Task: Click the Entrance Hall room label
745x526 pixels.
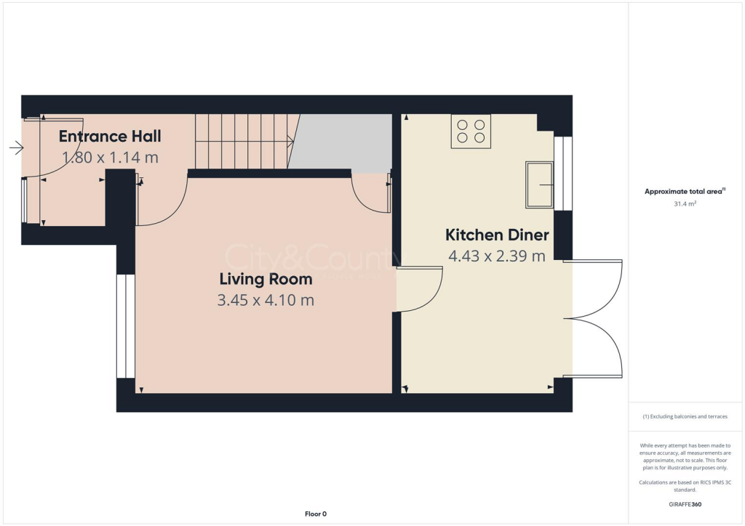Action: (x=110, y=136)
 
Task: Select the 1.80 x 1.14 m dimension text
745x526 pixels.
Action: (x=110, y=157)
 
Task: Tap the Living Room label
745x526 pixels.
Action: (x=266, y=279)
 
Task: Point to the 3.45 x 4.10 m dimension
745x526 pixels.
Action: (x=266, y=299)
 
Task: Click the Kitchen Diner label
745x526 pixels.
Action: (x=497, y=235)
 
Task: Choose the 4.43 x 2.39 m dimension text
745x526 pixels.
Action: (x=497, y=256)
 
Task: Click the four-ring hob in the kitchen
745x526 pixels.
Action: (x=471, y=131)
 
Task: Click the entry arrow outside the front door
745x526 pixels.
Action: (x=16, y=148)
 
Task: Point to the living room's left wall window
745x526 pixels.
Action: (x=126, y=326)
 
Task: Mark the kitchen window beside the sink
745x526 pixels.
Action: (x=563, y=174)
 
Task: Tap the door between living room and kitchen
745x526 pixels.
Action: (x=421, y=289)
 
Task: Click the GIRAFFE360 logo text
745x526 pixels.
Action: (x=686, y=503)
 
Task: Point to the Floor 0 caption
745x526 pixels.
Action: (x=315, y=514)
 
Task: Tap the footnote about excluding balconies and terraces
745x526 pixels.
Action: (x=686, y=416)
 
